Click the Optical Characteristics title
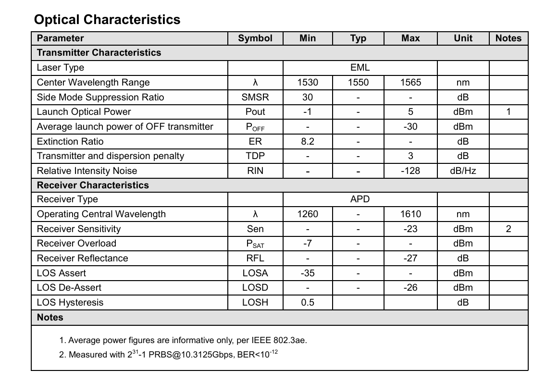click(x=107, y=20)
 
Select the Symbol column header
click(x=255, y=38)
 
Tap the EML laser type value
click(x=360, y=68)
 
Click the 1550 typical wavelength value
click(x=358, y=83)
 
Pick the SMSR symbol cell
click(x=255, y=98)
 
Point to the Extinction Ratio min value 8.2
click(x=308, y=141)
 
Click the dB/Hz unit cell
click(x=463, y=171)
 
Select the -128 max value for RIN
click(x=410, y=171)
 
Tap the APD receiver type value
click(x=360, y=199)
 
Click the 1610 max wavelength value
click(x=410, y=214)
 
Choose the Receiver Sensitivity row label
click(x=79, y=229)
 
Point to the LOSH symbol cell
click(x=255, y=302)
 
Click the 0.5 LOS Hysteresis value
click(x=308, y=302)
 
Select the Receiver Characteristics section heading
click(x=93, y=185)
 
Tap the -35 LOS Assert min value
click(x=308, y=273)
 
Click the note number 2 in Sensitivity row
click(x=508, y=229)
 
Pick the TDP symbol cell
click(x=255, y=156)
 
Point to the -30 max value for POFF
click(x=410, y=127)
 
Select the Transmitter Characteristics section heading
click(x=99, y=53)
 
